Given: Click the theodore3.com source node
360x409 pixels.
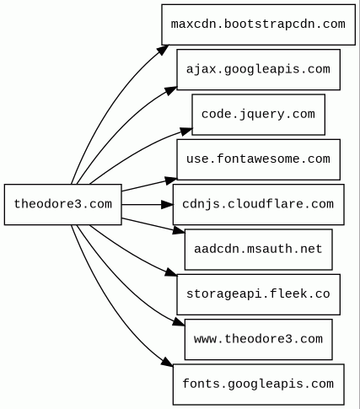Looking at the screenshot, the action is click(x=63, y=204).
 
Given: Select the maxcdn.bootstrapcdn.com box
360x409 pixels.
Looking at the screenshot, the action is click(x=259, y=24).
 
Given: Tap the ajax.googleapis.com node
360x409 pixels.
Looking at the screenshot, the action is click(x=259, y=69).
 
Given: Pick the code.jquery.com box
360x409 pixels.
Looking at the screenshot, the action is click(x=259, y=115).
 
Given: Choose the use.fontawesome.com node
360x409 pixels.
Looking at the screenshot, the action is click(x=259, y=159).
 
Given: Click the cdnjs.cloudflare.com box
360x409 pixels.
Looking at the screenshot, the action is click(x=259, y=204).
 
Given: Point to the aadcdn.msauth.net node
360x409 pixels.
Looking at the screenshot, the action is click(x=259, y=250).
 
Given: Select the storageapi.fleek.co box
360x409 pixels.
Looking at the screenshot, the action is click(x=259, y=294).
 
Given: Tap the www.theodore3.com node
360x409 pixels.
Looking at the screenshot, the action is click(x=259, y=339).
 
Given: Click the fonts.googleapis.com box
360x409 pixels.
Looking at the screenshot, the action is click(x=259, y=385).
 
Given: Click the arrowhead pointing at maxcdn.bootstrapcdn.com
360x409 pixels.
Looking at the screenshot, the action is click(x=163, y=50).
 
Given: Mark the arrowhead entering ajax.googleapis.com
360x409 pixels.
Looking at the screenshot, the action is click(x=171, y=91).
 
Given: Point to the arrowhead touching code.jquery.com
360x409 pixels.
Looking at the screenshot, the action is click(x=186, y=132).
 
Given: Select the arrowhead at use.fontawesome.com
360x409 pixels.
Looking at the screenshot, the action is click(x=171, y=180).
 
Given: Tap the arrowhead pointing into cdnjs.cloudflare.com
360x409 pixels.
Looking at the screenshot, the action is click(x=167, y=204).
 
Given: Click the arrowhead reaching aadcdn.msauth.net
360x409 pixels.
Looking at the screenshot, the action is click(x=179, y=230).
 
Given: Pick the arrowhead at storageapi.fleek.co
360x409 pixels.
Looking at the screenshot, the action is click(x=171, y=272).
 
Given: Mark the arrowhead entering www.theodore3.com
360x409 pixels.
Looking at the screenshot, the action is click(x=179, y=322).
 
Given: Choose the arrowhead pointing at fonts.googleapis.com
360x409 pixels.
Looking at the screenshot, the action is click(x=168, y=362).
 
